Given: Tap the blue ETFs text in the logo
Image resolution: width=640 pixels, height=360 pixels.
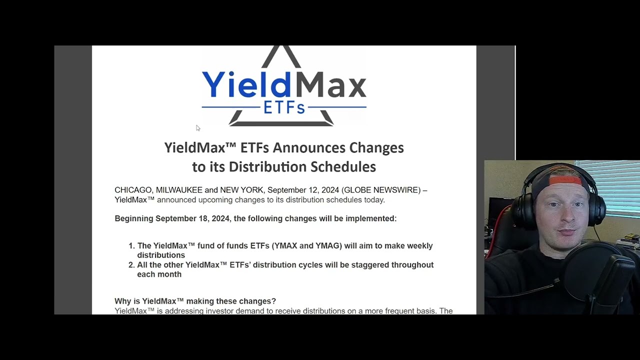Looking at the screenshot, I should (283, 107).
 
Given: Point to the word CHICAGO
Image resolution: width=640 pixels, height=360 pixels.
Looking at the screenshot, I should (133, 190).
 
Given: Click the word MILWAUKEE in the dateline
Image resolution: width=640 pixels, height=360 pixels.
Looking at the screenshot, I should (179, 190).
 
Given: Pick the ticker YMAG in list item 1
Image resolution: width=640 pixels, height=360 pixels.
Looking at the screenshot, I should (327, 245).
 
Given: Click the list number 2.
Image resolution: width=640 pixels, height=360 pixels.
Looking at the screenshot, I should (131, 265).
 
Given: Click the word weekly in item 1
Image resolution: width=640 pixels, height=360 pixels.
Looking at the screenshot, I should (419, 245).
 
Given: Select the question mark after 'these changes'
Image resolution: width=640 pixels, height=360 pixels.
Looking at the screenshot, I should (273, 301).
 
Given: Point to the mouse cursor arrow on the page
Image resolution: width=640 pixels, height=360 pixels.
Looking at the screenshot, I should (198, 128).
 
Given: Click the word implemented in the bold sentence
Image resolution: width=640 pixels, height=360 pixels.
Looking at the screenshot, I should (369, 218).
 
